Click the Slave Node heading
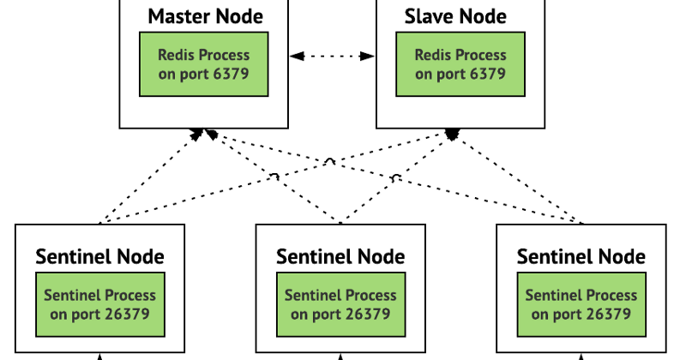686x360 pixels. tap(454, 16)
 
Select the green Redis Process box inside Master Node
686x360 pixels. tap(204, 64)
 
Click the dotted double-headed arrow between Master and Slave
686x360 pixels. tap(333, 57)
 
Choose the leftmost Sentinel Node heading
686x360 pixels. tap(99, 256)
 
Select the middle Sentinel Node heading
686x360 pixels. tap(340, 256)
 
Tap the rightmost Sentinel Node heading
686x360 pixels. tap(581, 256)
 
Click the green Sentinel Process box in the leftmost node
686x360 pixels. tap(99, 304)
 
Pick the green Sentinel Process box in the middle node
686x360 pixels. tap(340, 304)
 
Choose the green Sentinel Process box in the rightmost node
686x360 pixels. tap(581, 304)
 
